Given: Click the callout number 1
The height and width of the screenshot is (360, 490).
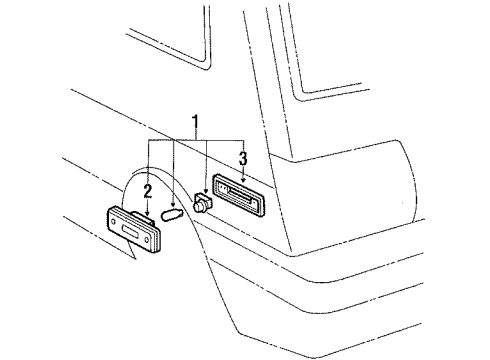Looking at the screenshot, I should (x=196, y=124).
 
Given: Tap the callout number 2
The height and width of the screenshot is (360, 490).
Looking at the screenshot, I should (x=147, y=191).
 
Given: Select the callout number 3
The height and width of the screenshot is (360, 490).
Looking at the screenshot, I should (x=242, y=158).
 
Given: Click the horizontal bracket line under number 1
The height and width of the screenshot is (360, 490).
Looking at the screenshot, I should (x=196, y=140).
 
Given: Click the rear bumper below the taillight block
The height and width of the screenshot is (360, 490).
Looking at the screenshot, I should (x=380, y=290).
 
